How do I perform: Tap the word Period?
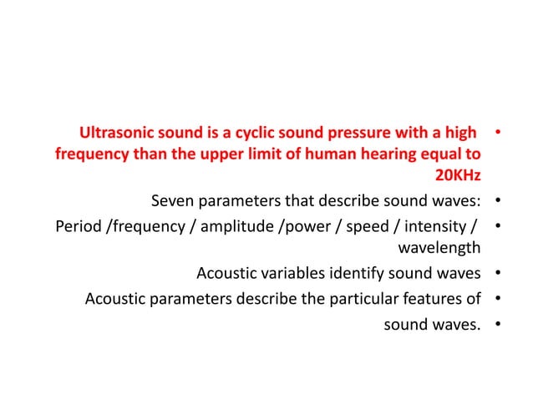pyautogui.click(x=79, y=226)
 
